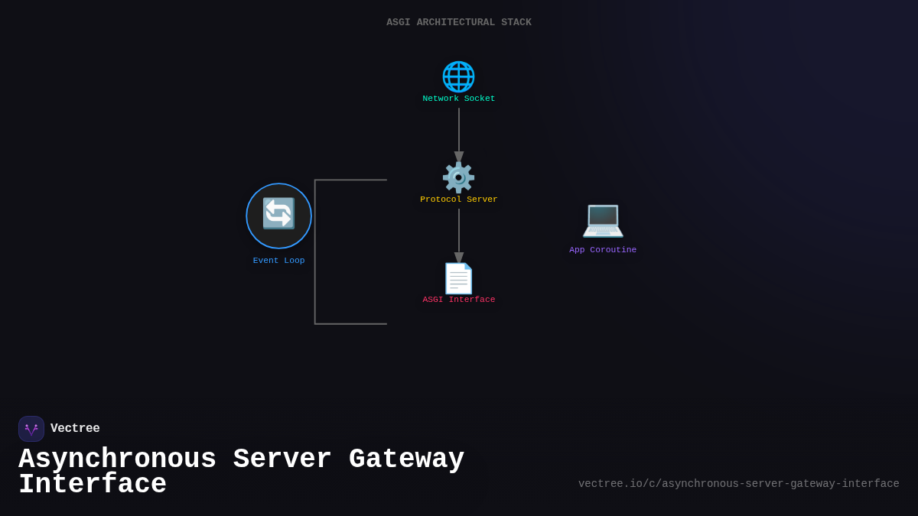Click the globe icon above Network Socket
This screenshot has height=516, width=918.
[458, 76]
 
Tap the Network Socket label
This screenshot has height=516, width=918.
[458, 99]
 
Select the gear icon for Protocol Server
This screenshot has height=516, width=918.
[458, 177]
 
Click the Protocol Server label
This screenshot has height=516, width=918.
[458, 200]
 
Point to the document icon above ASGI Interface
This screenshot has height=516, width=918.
[458, 278]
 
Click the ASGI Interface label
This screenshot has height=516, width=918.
[458, 300]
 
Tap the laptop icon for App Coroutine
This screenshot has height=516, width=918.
[603, 220]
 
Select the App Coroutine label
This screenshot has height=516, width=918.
[603, 250]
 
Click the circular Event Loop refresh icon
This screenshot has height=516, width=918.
[278, 215]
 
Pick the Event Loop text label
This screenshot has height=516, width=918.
[278, 261]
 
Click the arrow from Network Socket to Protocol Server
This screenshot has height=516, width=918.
[459, 134]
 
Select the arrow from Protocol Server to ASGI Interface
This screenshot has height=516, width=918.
[459, 235]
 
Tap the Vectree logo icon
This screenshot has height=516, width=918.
[31, 429]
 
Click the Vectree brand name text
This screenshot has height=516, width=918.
[75, 429]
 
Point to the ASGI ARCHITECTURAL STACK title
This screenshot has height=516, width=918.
[458, 23]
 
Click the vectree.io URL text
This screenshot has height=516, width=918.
[738, 484]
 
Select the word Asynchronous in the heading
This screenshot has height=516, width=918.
[117, 459]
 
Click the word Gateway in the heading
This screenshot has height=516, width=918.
[406, 459]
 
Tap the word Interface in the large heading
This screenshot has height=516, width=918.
[92, 485]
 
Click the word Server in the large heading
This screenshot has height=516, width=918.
[282, 459]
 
